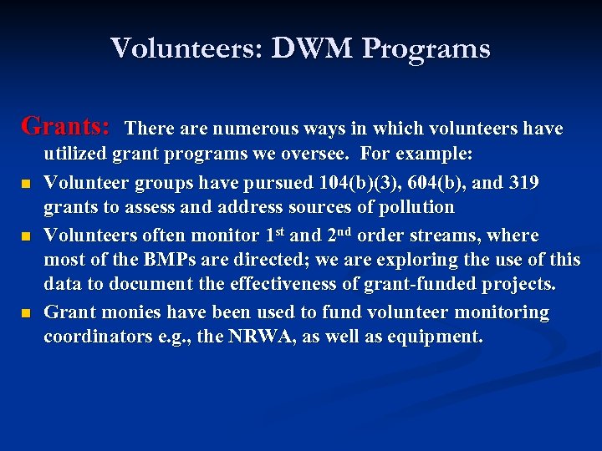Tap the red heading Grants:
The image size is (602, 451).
[x=66, y=126]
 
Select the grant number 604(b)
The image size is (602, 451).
[x=452, y=181]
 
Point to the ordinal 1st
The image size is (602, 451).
[x=272, y=234]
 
